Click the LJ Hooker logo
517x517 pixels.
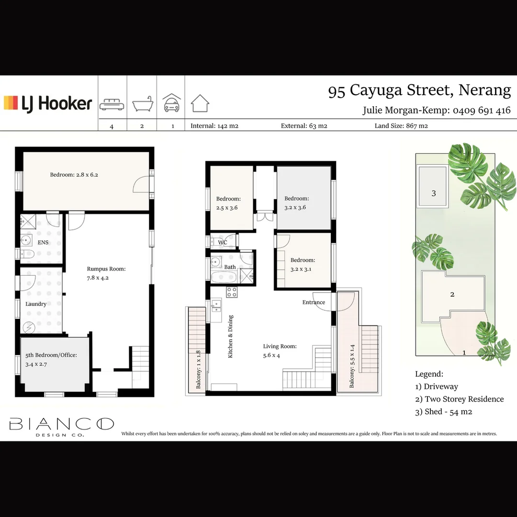pos(48,103)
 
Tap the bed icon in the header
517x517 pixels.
pos(112,105)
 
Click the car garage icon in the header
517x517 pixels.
pos(171,103)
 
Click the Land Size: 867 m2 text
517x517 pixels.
pos(401,126)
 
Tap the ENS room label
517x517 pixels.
pos(43,242)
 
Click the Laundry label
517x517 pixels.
pos(36,304)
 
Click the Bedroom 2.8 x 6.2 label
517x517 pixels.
pos(74,175)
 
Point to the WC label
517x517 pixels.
pos(223,243)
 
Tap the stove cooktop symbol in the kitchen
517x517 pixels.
pos(232,292)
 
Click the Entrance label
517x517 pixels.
pos(314,302)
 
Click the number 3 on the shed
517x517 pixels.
pos(434,193)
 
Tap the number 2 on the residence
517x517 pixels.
pos(452,294)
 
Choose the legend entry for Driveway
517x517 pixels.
pos(437,386)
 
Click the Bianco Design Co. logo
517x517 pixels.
pos(62,426)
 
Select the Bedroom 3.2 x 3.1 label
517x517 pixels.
pos(303,264)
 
